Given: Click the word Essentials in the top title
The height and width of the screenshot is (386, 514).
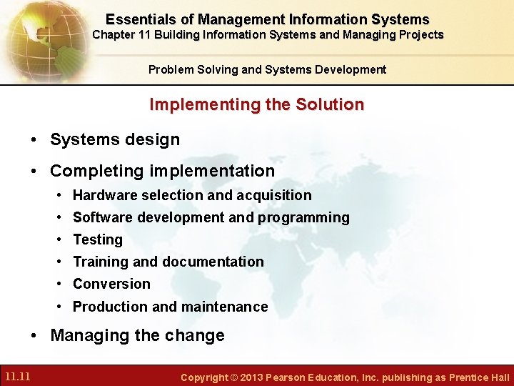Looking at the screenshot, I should click(139, 20).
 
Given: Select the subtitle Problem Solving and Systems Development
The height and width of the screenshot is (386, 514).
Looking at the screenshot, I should click(267, 69).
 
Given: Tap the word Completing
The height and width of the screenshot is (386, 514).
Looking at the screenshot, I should click(96, 171).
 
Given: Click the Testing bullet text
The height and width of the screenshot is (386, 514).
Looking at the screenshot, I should click(98, 239).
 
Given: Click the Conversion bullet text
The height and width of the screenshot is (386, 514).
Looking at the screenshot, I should click(111, 284).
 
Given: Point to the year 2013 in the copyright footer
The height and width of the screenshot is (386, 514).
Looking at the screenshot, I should click(246, 377).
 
